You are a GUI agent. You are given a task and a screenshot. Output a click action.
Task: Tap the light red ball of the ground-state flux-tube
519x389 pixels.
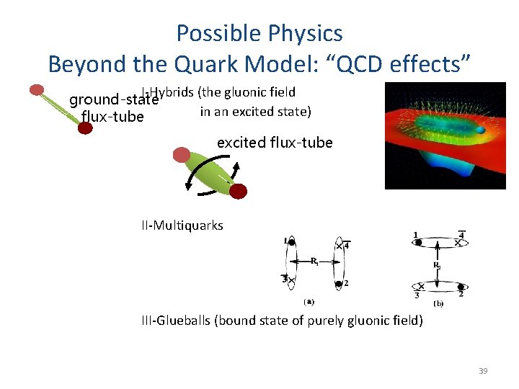point(37,90)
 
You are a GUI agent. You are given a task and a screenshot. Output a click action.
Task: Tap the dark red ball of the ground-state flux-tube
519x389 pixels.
point(85,128)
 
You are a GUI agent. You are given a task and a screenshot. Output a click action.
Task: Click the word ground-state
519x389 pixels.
point(113,99)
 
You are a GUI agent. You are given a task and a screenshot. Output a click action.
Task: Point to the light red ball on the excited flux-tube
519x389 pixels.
point(182,154)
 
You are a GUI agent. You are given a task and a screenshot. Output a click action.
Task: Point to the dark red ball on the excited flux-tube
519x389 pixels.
point(238,191)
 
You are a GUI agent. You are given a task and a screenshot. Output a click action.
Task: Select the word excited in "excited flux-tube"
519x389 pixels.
point(241,143)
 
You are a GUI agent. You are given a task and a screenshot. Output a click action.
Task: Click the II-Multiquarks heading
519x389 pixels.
point(182,225)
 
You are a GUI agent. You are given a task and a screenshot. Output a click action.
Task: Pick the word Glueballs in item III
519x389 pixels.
point(185,321)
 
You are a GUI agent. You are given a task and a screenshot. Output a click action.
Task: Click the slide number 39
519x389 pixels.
point(483,371)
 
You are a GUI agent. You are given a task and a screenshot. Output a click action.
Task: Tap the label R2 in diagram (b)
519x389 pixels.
point(437,266)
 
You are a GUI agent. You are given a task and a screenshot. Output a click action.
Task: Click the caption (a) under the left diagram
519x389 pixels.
point(309,302)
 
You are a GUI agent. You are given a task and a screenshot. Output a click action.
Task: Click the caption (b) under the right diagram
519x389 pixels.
point(439,303)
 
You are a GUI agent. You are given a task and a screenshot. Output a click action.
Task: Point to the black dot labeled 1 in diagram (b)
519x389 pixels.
point(419,243)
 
